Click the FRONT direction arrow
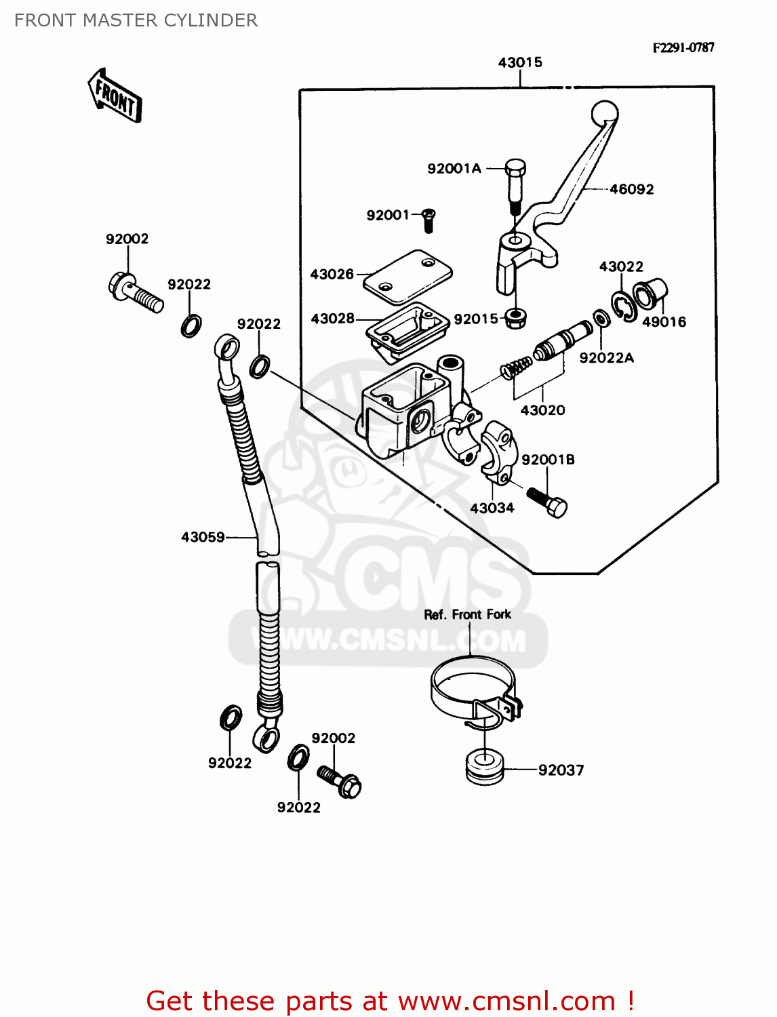tap(115, 96)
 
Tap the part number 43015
tap(520, 62)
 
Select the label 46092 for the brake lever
tap(631, 189)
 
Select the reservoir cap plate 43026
tap(407, 276)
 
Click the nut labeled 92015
tap(517, 317)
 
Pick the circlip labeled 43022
tap(623, 306)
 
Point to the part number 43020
tap(542, 410)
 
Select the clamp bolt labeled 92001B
tap(546, 502)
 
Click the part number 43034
tap(492, 508)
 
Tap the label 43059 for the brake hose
tap(203, 537)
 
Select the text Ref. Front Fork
tap(467, 614)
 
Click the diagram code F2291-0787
tap(683, 47)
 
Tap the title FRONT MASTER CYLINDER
tap(136, 20)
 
